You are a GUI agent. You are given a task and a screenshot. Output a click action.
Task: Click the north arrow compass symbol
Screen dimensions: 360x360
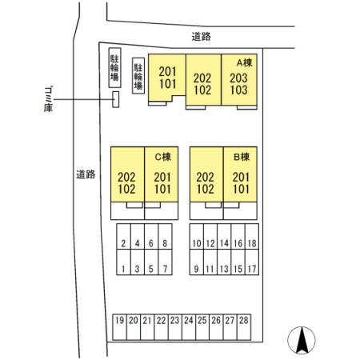click(302, 340)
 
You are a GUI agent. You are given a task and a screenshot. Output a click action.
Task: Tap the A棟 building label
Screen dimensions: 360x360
click(245, 62)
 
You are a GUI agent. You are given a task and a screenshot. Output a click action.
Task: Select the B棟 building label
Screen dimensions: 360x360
click(242, 157)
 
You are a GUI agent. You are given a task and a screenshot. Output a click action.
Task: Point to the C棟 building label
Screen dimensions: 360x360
click(163, 157)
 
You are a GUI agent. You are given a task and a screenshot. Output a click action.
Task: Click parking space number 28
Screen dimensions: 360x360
click(244, 327)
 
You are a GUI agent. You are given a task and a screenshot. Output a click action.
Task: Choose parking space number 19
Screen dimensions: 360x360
click(120, 327)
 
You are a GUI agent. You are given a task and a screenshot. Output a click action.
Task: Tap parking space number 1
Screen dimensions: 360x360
click(123, 262)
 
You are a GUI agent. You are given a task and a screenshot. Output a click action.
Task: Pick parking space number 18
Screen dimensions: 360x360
click(252, 237)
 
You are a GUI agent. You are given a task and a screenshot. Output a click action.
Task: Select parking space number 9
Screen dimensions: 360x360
click(197, 262)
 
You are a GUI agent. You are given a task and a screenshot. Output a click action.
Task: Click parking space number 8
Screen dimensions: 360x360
click(165, 237)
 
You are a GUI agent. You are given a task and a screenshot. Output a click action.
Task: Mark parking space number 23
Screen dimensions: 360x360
click(175, 327)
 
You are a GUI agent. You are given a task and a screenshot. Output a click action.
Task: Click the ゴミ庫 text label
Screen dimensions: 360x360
click(48, 98)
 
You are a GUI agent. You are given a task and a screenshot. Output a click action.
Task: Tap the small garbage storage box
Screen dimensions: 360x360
click(115, 99)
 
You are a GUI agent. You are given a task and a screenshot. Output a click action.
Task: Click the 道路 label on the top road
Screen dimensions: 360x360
click(202, 37)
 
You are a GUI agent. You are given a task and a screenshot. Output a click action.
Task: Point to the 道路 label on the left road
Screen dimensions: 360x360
click(86, 174)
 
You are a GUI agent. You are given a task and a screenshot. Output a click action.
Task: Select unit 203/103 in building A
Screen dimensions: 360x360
click(239, 79)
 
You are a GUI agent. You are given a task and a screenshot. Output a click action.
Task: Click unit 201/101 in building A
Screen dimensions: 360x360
click(167, 78)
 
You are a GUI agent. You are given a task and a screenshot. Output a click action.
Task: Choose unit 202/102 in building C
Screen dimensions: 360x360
click(127, 174)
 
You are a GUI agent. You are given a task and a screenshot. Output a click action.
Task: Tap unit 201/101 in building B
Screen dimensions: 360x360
click(240, 174)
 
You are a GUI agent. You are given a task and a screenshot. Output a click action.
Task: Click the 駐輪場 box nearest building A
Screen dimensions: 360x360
click(138, 76)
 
